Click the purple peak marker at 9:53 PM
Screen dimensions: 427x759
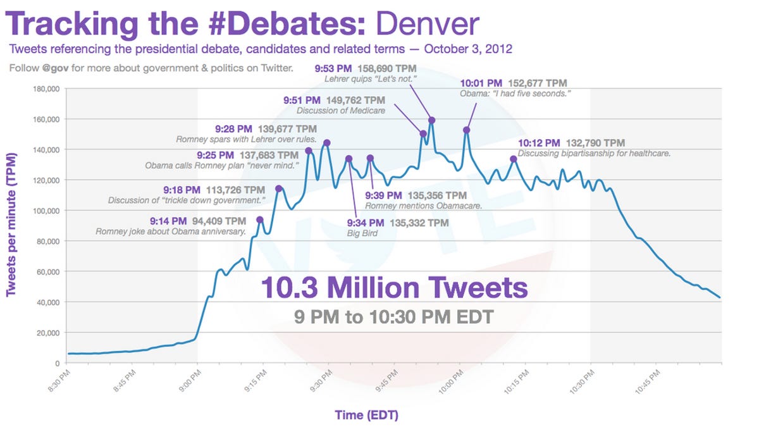[x=431, y=120]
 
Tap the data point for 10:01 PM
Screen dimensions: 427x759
[x=467, y=130]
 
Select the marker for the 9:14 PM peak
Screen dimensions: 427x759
[x=260, y=220]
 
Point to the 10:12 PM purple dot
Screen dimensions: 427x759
[x=514, y=159]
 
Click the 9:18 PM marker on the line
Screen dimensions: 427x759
[x=278, y=189]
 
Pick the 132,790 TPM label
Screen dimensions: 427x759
[x=595, y=143]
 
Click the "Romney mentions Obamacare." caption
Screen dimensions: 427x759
[x=424, y=206]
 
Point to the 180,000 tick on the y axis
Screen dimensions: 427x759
[x=45, y=89]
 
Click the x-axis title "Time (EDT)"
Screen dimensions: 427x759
[x=367, y=415]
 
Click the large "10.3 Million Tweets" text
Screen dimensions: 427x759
[x=394, y=288]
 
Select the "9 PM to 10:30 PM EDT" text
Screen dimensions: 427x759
[x=393, y=316]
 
